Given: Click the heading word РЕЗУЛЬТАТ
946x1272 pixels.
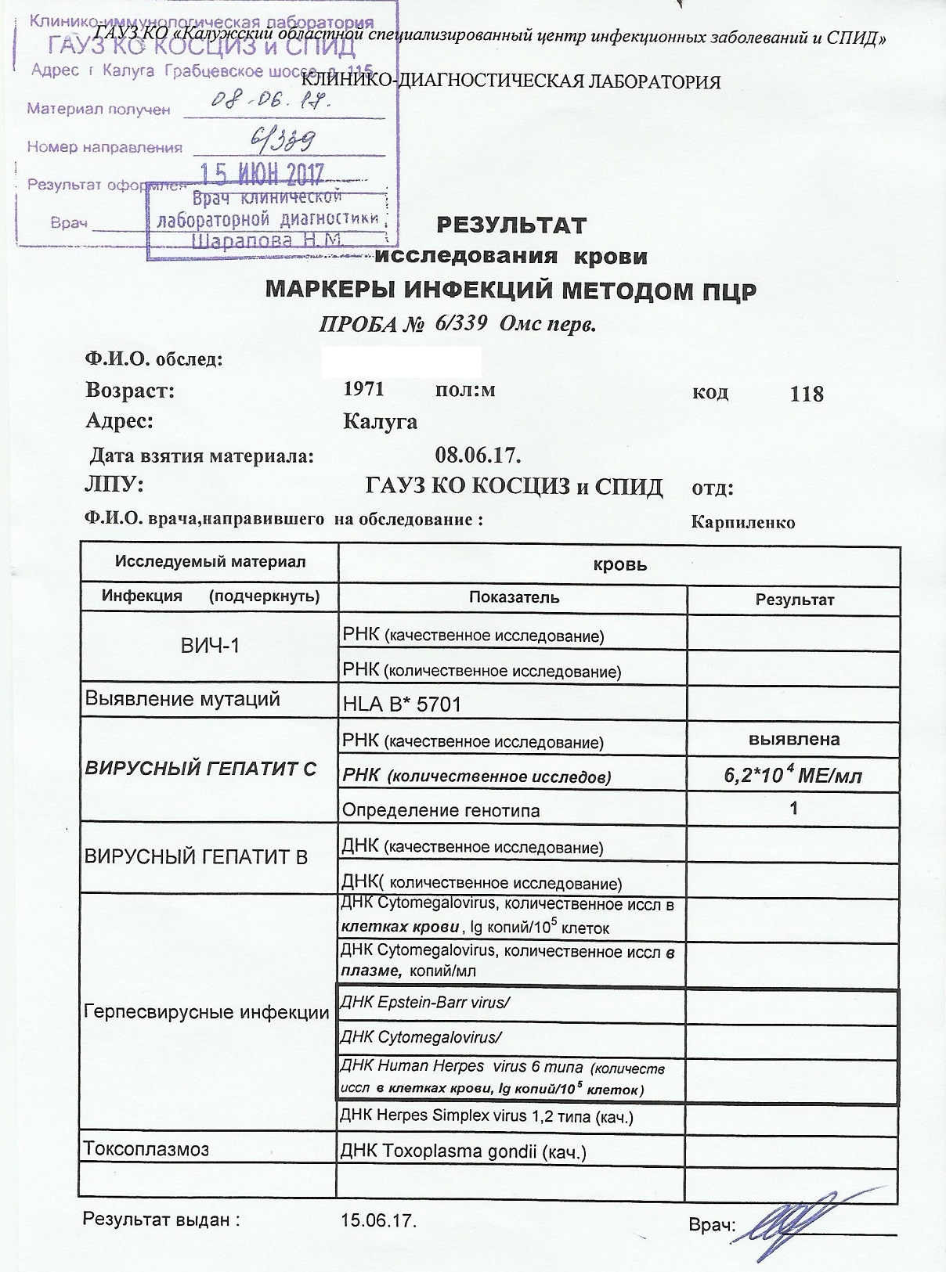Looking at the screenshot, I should (511, 225).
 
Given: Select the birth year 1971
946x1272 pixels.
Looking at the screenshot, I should (364, 389).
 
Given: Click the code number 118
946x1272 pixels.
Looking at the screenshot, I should (807, 394).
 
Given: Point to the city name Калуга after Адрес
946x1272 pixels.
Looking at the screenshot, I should (380, 422).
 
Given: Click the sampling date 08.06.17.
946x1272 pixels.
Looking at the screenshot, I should (478, 455).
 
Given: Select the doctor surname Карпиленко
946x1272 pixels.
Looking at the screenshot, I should (743, 522).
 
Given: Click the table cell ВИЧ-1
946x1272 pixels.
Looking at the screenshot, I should (210, 645).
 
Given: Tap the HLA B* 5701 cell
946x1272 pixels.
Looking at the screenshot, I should (402, 704).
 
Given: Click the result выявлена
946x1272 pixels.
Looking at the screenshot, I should (794, 739).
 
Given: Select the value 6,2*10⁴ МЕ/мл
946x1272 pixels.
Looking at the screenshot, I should (793, 776).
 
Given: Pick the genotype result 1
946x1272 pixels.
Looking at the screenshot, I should (794, 808).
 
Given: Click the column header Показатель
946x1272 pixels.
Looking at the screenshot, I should (514, 597).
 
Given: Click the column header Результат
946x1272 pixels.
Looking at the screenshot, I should (794, 600).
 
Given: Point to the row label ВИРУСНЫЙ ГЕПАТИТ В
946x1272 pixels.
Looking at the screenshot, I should (196, 856).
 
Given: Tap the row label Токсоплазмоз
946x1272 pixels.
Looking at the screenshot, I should (146, 1149).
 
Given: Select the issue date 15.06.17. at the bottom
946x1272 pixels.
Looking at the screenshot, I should (378, 1220).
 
